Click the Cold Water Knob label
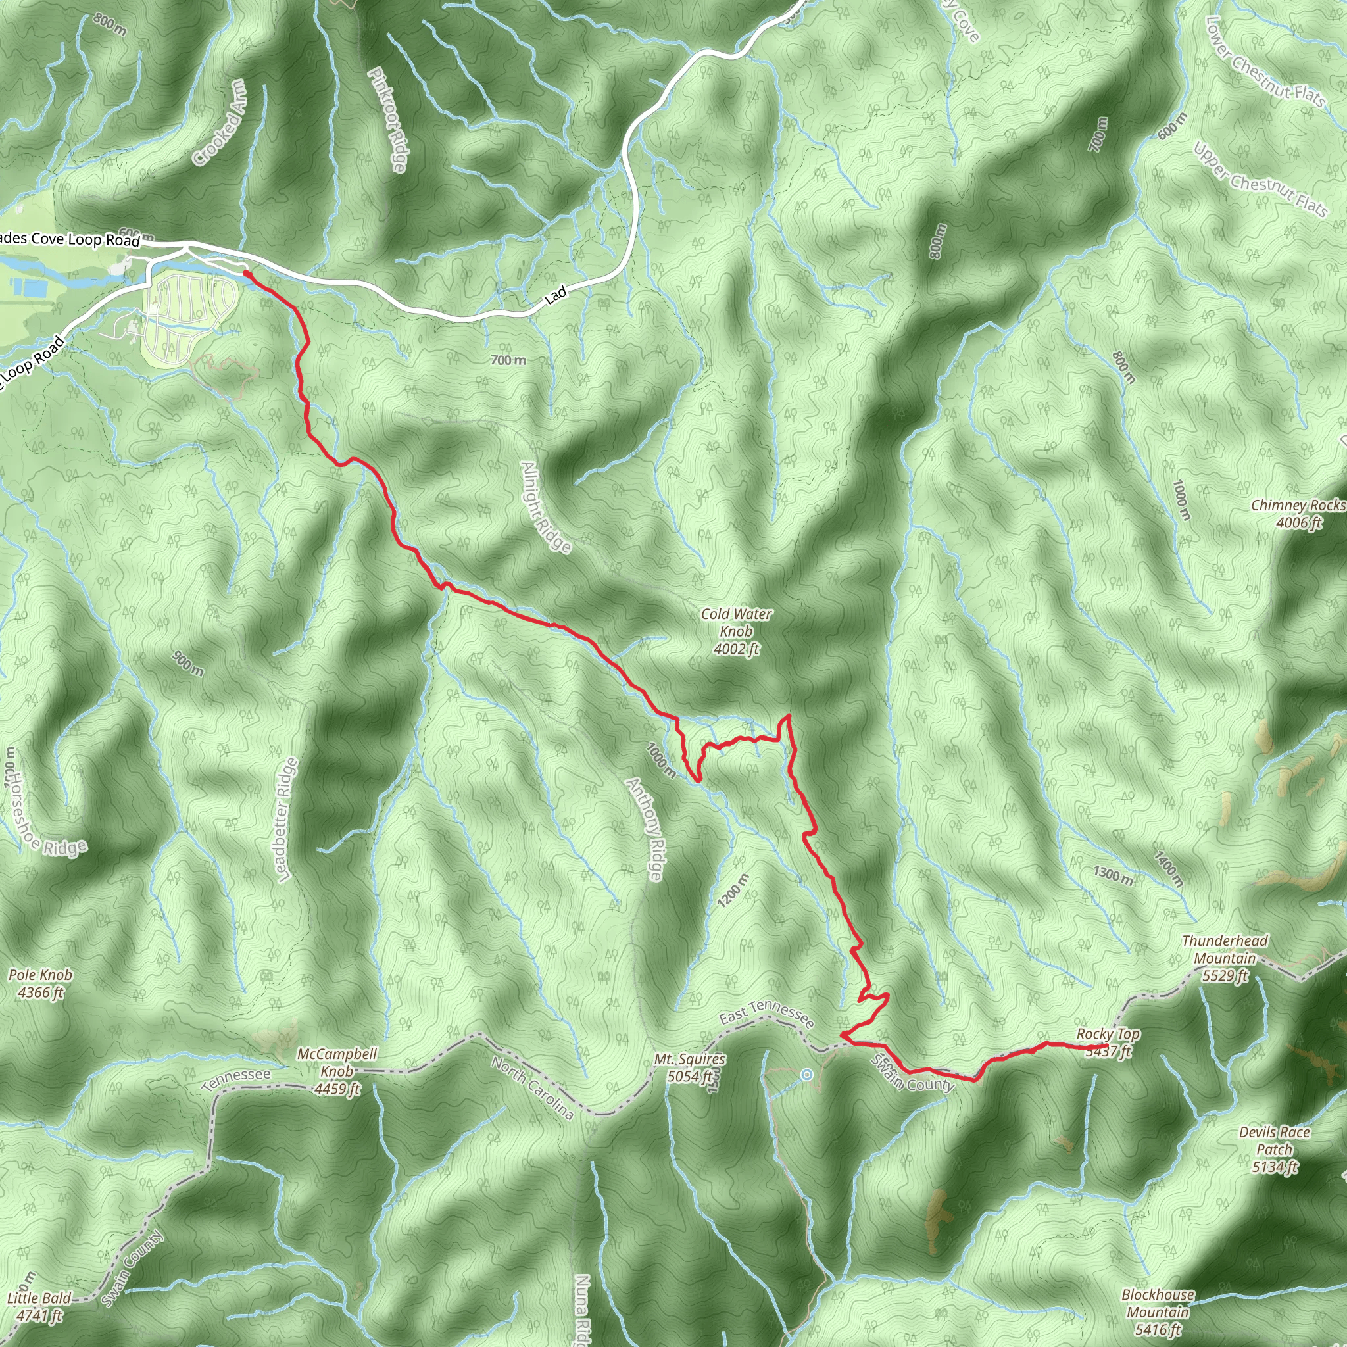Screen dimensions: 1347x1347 click(x=736, y=631)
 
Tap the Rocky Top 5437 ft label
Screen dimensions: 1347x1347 click(x=1108, y=1042)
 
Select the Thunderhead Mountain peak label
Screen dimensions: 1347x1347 click(x=1225, y=958)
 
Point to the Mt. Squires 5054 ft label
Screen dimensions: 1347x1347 click(x=689, y=1067)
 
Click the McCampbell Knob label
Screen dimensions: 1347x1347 click(x=337, y=1071)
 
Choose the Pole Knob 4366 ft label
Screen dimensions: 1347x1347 click(x=39, y=983)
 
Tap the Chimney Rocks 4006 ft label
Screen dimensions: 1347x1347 click(x=1298, y=513)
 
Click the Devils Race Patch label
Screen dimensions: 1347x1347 click(x=1275, y=1149)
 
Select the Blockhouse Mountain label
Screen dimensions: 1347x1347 click(x=1158, y=1312)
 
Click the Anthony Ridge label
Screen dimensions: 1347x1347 click(x=645, y=829)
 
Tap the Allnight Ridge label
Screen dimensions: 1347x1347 click(x=546, y=507)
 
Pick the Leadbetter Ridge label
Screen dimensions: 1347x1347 click(x=286, y=820)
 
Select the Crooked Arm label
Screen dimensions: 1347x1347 click(x=220, y=123)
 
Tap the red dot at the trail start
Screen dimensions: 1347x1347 click(x=247, y=274)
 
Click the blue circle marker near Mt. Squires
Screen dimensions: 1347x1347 click(x=806, y=1075)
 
